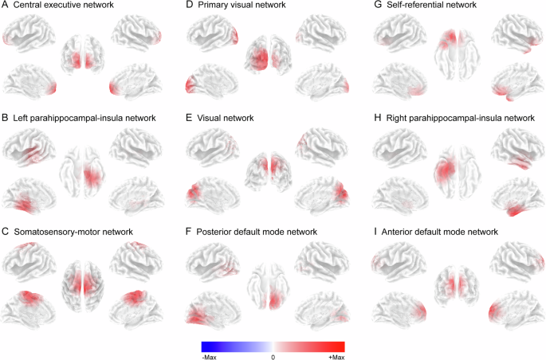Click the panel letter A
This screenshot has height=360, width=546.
[6, 6]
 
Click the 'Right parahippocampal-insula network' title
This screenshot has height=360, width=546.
[462, 118]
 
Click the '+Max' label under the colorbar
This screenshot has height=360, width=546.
[336, 357]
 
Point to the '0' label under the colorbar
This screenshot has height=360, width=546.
[273, 357]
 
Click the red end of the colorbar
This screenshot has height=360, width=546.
[340, 346]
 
